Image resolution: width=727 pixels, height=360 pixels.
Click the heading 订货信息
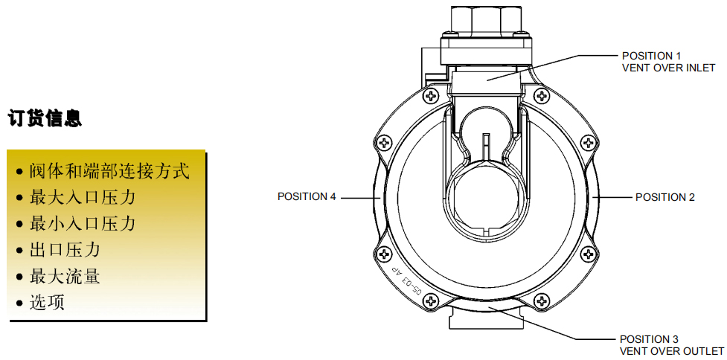[45, 118]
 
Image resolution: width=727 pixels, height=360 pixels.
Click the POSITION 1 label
[651, 56]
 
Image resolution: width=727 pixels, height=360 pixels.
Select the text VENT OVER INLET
[668, 68]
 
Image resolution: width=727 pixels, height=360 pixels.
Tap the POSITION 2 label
[665, 197]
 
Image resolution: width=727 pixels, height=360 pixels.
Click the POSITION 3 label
[649, 339]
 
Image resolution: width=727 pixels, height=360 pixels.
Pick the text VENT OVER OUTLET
[671, 351]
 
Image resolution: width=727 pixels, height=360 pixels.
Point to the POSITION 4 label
[307, 196]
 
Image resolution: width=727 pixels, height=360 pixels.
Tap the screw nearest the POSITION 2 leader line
[587, 142]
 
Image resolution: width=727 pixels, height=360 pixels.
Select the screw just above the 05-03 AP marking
[385, 254]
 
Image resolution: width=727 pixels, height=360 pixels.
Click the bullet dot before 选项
[19, 304]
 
